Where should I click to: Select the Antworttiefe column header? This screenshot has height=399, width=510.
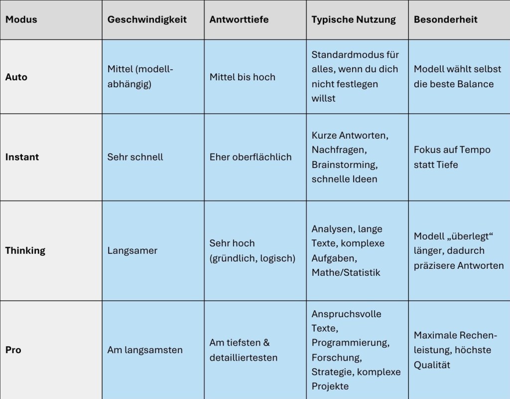[x=239, y=19]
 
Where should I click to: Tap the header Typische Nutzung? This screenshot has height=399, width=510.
[x=354, y=19]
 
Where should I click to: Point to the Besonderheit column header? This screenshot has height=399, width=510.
[x=446, y=19]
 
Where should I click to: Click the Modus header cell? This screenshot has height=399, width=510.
[x=21, y=19]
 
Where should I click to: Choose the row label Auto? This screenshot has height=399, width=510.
[x=16, y=77]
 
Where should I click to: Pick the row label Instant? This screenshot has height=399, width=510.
[x=22, y=157]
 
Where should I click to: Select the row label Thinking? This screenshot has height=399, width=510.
[x=25, y=250]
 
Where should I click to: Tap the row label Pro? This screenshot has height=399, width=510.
[x=13, y=350]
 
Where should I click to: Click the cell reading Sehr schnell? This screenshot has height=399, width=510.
[x=135, y=157]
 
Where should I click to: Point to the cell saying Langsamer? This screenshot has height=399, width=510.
[x=132, y=250]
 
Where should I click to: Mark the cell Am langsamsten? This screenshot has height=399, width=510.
[x=145, y=350]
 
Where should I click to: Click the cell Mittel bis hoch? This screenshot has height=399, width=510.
[x=242, y=77]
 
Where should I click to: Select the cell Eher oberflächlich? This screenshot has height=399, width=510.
[x=251, y=157]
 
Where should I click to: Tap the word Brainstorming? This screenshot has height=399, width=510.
[x=343, y=164]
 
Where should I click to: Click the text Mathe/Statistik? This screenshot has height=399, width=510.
[x=346, y=272]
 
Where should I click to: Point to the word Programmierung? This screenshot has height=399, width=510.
[x=350, y=343]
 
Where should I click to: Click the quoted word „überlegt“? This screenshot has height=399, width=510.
[x=465, y=236]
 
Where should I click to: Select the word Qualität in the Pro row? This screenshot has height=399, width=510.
[x=432, y=365]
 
